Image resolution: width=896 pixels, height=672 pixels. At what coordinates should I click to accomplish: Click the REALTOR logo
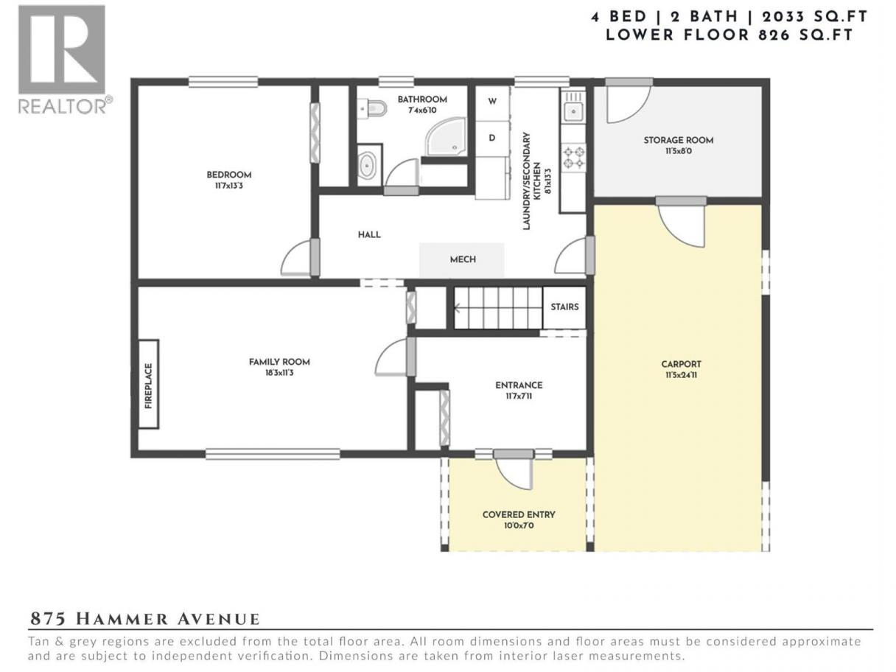coord(64,60)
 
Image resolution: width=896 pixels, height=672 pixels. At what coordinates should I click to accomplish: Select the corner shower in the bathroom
coord(447,137)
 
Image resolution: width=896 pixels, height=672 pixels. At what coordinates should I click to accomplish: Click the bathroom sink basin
coord(367,166)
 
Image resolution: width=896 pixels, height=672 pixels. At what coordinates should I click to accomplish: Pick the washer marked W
coord(492,102)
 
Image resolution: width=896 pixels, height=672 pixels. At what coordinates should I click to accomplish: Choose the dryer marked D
coord(492,138)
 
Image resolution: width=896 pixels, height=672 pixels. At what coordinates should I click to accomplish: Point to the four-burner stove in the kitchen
coord(573,158)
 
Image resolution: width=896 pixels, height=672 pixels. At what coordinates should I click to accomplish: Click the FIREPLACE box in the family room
coord(149,384)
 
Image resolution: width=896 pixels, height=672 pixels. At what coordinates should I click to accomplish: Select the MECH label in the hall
coord(463,259)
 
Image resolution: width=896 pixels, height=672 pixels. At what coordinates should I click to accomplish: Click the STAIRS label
coord(564,307)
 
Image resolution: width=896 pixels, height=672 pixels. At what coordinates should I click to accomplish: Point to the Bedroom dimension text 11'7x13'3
coord(229,186)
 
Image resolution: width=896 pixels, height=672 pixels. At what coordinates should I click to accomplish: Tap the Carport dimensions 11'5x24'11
coord(681,375)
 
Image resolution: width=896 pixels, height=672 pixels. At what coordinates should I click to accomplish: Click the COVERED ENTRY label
coord(519,515)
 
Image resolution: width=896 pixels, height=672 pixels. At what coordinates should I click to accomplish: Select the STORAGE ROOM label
coord(679,140)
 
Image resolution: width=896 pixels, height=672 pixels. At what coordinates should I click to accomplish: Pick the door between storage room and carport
coord(682,223)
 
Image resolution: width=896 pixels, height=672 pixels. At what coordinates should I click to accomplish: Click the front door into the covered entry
coord(513,469)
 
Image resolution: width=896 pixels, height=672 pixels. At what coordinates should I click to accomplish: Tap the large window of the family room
coord(273,454)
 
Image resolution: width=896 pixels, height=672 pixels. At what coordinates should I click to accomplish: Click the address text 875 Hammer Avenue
coord(145,620)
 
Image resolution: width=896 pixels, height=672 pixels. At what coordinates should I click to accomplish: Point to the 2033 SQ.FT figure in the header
coord(815,17)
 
